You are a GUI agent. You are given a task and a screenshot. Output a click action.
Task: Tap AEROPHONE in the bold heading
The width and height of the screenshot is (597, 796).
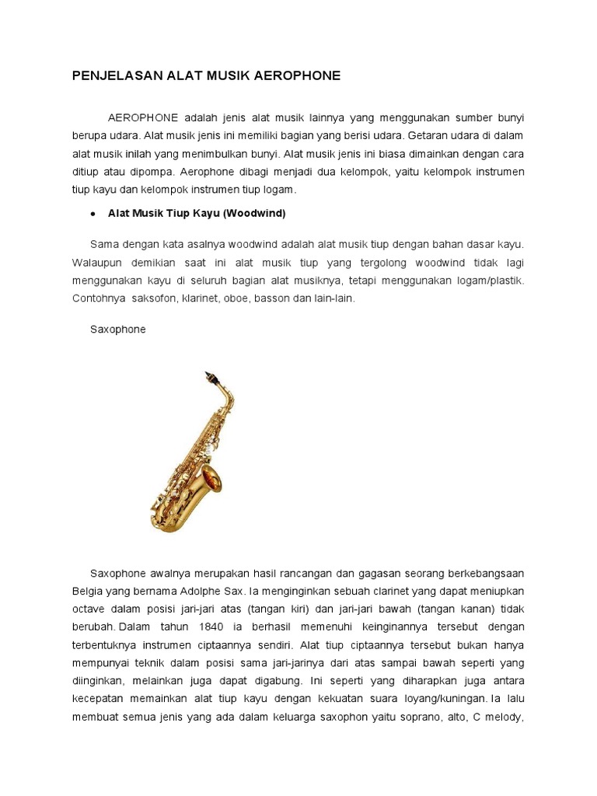[x=300, y=75]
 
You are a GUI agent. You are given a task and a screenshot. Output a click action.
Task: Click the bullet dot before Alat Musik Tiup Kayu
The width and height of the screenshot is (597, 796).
[x=93, y=213]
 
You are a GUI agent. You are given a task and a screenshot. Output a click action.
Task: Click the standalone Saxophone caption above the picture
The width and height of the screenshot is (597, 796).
[x=117, y=330]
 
